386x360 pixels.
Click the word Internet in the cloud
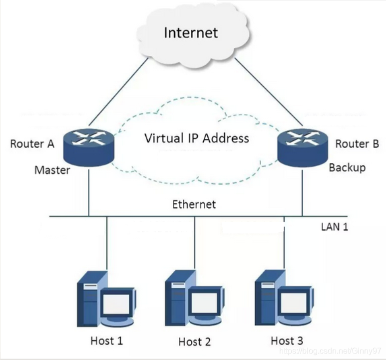(191, 33)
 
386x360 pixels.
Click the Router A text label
(32, 144)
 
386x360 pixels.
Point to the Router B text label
(357, 144)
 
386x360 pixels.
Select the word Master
(52, 170)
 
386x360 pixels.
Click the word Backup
(347, 167)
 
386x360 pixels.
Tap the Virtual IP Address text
(196, 138)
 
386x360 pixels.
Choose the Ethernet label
(194, 204)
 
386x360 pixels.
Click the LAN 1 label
(334, 226)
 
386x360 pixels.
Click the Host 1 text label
(106, 341)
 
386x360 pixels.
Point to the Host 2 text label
(194, 342)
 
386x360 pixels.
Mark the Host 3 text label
(287, 341)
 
